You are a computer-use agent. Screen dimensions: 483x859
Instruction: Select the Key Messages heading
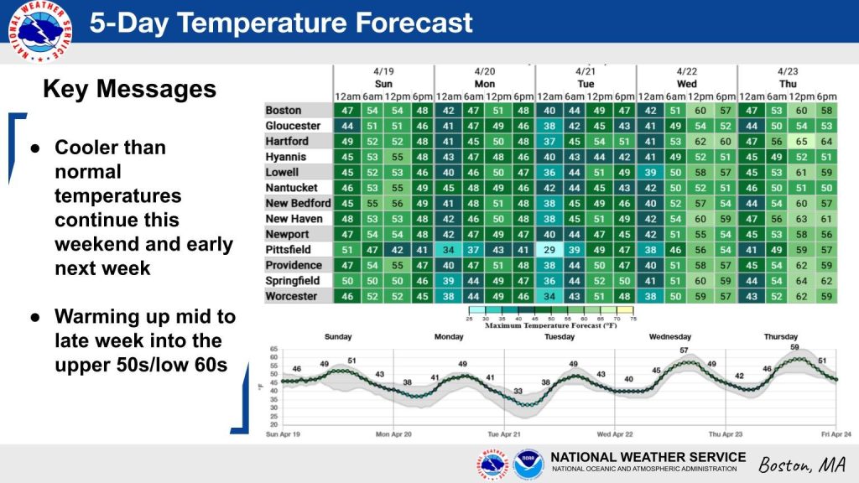(129, 90)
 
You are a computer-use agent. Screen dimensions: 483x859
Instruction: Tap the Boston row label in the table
(284, 111)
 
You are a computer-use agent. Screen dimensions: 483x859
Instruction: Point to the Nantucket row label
(292, 188)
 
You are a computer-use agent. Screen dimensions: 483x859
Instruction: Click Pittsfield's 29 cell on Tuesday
(549, 250)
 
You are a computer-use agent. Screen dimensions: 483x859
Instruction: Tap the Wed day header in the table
(686, 84)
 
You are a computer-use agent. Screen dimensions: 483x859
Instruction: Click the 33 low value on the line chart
(518, 391)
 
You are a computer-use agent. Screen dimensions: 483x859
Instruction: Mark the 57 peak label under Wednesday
(684, 350)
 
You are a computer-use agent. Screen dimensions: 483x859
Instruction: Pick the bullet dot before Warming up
(35, 317)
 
